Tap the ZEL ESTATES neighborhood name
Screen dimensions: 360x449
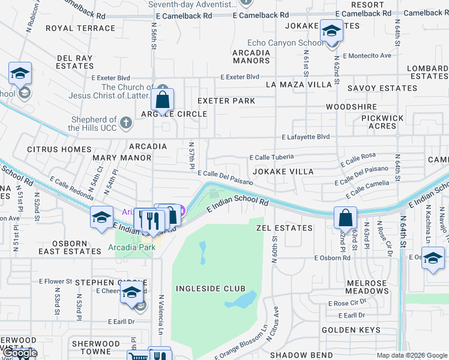click(x=285, y=228)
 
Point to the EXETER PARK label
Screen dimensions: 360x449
click(x=226, y=101)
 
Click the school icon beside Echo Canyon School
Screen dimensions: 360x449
click(x=331, y=32)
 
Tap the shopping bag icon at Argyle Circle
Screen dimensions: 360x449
click(x=162, y=100)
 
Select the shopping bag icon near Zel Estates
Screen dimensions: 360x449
click(x=346, y=218)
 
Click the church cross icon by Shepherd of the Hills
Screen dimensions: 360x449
click(x=125, y=122)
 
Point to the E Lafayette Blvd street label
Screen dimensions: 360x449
click(x=306, y=137)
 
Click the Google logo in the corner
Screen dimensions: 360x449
click(x=20, y=353)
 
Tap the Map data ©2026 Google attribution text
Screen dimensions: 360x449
click(x=412, y=355)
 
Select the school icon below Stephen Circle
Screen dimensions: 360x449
click(x=131, y=293)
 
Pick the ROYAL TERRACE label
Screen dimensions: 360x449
click(x=80, y=28)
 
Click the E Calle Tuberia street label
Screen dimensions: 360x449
click(x=271, y=157)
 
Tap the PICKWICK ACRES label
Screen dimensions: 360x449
click(x=378, y=122)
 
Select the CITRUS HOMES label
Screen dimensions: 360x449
click(x=59, y=149)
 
